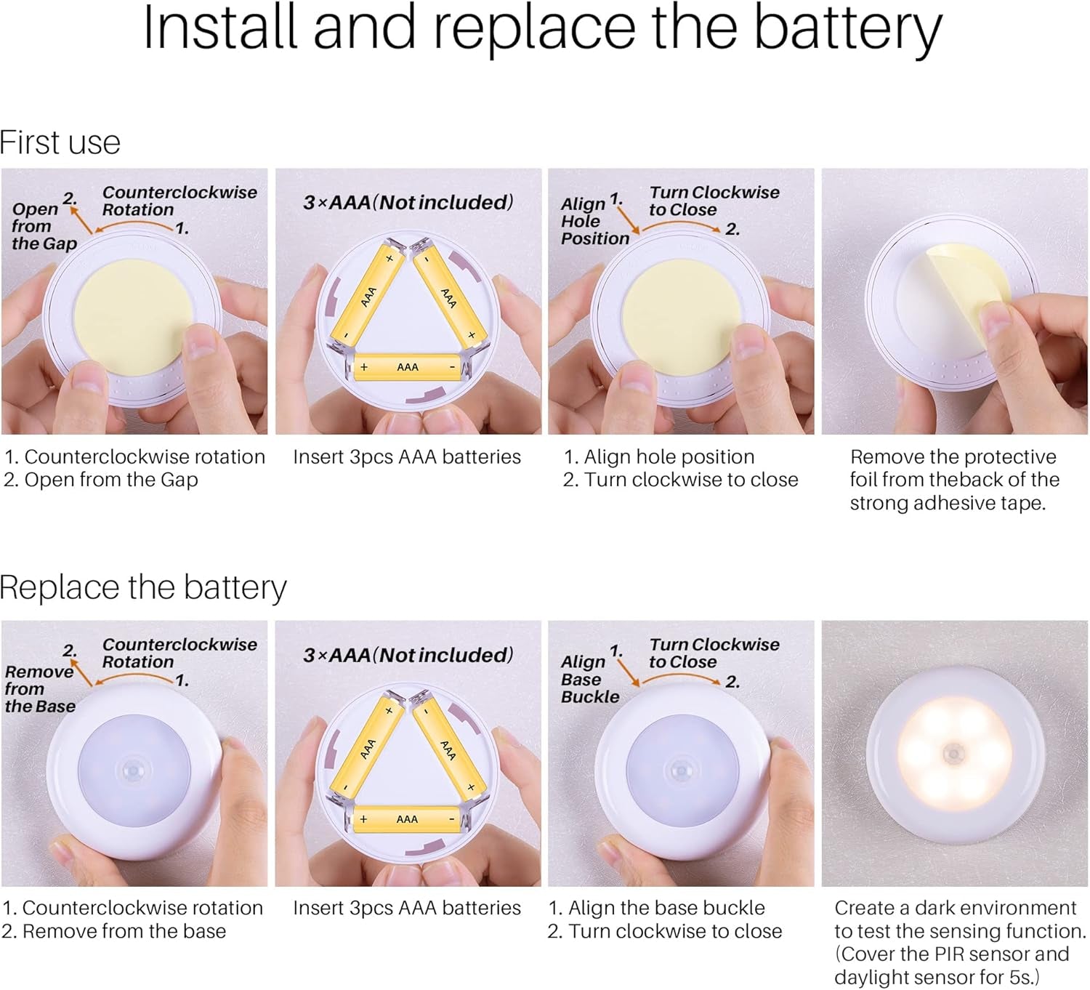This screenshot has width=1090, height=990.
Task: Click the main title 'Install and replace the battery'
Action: click(542, 31)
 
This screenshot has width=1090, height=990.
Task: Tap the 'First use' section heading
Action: click(60, 143)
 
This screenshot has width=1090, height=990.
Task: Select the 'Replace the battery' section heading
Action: click(143, 588)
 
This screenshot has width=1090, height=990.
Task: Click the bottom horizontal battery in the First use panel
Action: click(408, 367)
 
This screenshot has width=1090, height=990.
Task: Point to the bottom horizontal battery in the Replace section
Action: click(407, 819)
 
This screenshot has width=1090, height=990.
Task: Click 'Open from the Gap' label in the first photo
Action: click(44, 226)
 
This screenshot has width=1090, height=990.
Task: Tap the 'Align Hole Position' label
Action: click(594, 221)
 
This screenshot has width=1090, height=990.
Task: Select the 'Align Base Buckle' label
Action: click(590, 679)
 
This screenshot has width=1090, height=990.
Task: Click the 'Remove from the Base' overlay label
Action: click(40, 689)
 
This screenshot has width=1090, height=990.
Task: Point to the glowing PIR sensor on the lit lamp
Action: click(953, 754)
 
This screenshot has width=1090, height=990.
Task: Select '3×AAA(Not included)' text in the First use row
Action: click(408, 202)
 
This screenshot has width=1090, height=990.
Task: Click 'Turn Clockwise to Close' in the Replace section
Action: click(714, 653)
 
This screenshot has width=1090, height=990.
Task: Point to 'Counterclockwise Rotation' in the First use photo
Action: click(179, 201)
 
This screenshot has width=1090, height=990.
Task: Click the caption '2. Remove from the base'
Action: click(113, 931)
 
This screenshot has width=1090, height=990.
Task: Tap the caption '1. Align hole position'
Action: click(659, 456)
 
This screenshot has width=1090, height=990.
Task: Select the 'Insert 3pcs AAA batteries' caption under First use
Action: click(406, 456)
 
